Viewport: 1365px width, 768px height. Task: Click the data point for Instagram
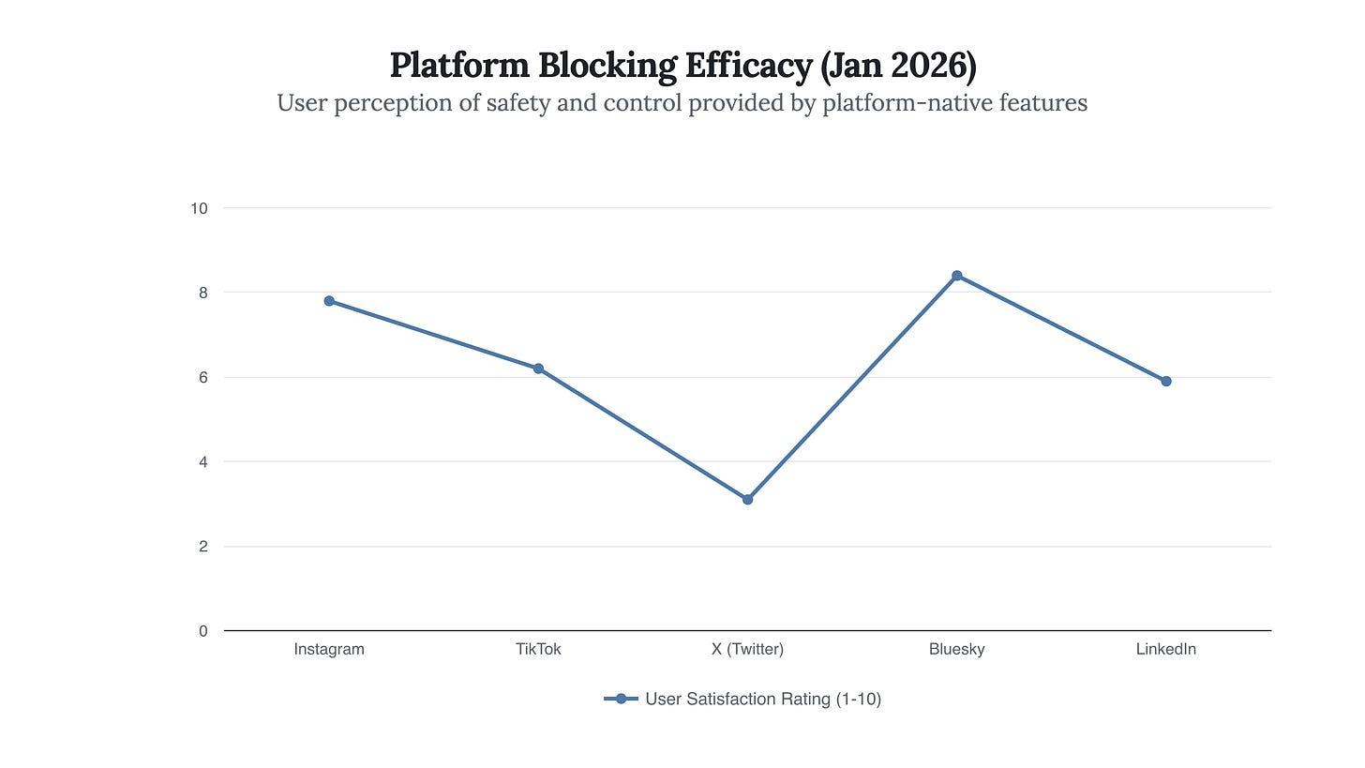[x=329, y=301]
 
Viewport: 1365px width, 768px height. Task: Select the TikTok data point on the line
[x=538, y=369]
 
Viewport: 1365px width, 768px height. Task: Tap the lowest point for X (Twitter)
[x=747, y=499]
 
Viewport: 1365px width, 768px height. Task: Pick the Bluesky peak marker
[x=956, y=276]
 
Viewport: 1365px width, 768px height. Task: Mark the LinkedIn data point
[x=1165, y=381]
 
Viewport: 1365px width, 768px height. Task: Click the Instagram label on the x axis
[x=329, y=649]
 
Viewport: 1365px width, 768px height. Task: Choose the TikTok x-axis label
[x=538, y=649]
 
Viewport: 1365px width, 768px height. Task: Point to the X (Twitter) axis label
[x=747, y=649]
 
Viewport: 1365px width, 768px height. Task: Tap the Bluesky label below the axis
[x=956, y=649]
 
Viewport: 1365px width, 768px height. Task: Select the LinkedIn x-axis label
[x=1165, y=649]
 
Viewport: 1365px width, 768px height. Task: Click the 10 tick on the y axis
[x=199, y=208]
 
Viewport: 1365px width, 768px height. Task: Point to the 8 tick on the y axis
[x=202, y=293]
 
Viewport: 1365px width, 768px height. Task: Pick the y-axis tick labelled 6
[x=202, y=377]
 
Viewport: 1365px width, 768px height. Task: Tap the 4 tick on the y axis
[x=202, y=461]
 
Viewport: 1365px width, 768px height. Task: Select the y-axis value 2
[x=202, y=546]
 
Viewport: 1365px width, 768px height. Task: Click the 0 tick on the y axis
[x=202, y=631]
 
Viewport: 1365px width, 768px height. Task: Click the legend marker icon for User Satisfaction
[x=621, y=699]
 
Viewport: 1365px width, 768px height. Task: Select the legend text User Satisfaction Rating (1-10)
[x=763, y=699]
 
